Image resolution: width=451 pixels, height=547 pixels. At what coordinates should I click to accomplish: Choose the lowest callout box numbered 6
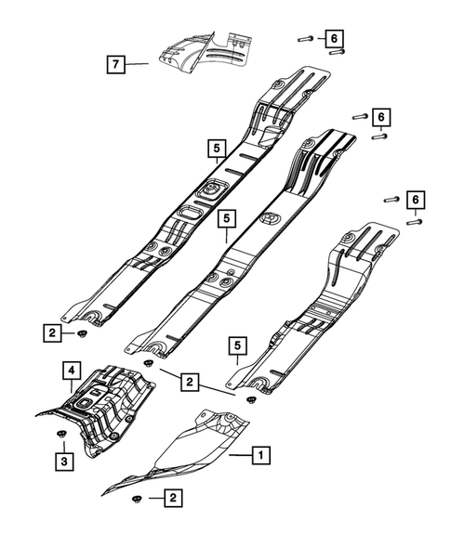415,201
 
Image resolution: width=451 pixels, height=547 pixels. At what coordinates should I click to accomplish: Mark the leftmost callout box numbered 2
55,331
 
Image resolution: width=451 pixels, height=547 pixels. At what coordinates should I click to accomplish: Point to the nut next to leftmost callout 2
83,332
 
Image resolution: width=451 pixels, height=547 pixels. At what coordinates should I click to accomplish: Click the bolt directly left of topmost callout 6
306,38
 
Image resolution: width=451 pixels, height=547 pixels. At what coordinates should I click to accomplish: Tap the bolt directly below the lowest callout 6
415,223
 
